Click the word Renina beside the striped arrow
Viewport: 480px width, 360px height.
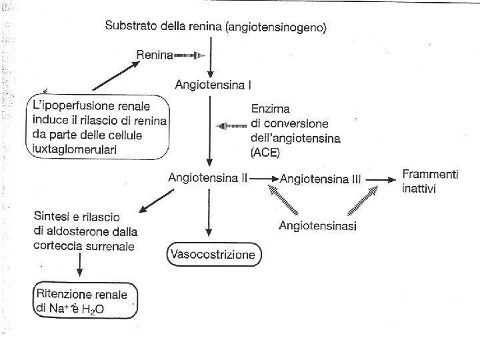(x=155, y=55)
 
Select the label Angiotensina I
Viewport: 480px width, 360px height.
(x=209, y=85)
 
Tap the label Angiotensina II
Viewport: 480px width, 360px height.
(x=208, y=178)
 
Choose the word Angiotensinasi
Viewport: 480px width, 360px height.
(x=317, y=225)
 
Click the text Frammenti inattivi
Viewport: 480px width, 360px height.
(x=430, y=181)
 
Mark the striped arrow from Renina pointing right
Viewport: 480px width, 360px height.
(x=190, y=55)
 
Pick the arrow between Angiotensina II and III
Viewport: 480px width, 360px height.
(x=265, y=179)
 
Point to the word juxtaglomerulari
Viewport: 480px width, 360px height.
(x=74, y=149)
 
